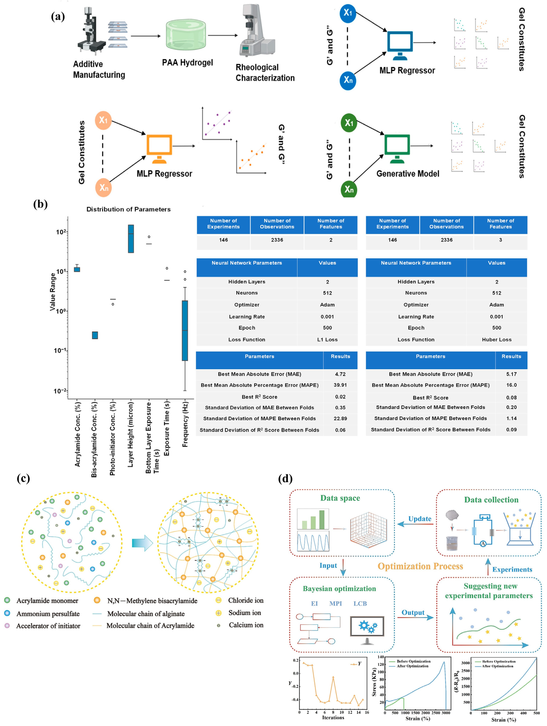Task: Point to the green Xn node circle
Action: tap(349, 189)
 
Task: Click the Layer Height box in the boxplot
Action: tap(131, 239)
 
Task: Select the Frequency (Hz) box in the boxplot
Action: tap(185, 330)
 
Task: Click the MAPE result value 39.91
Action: tap(340, 385)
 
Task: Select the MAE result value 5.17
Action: tap(511, 374)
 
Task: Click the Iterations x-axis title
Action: tap(333, 717)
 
